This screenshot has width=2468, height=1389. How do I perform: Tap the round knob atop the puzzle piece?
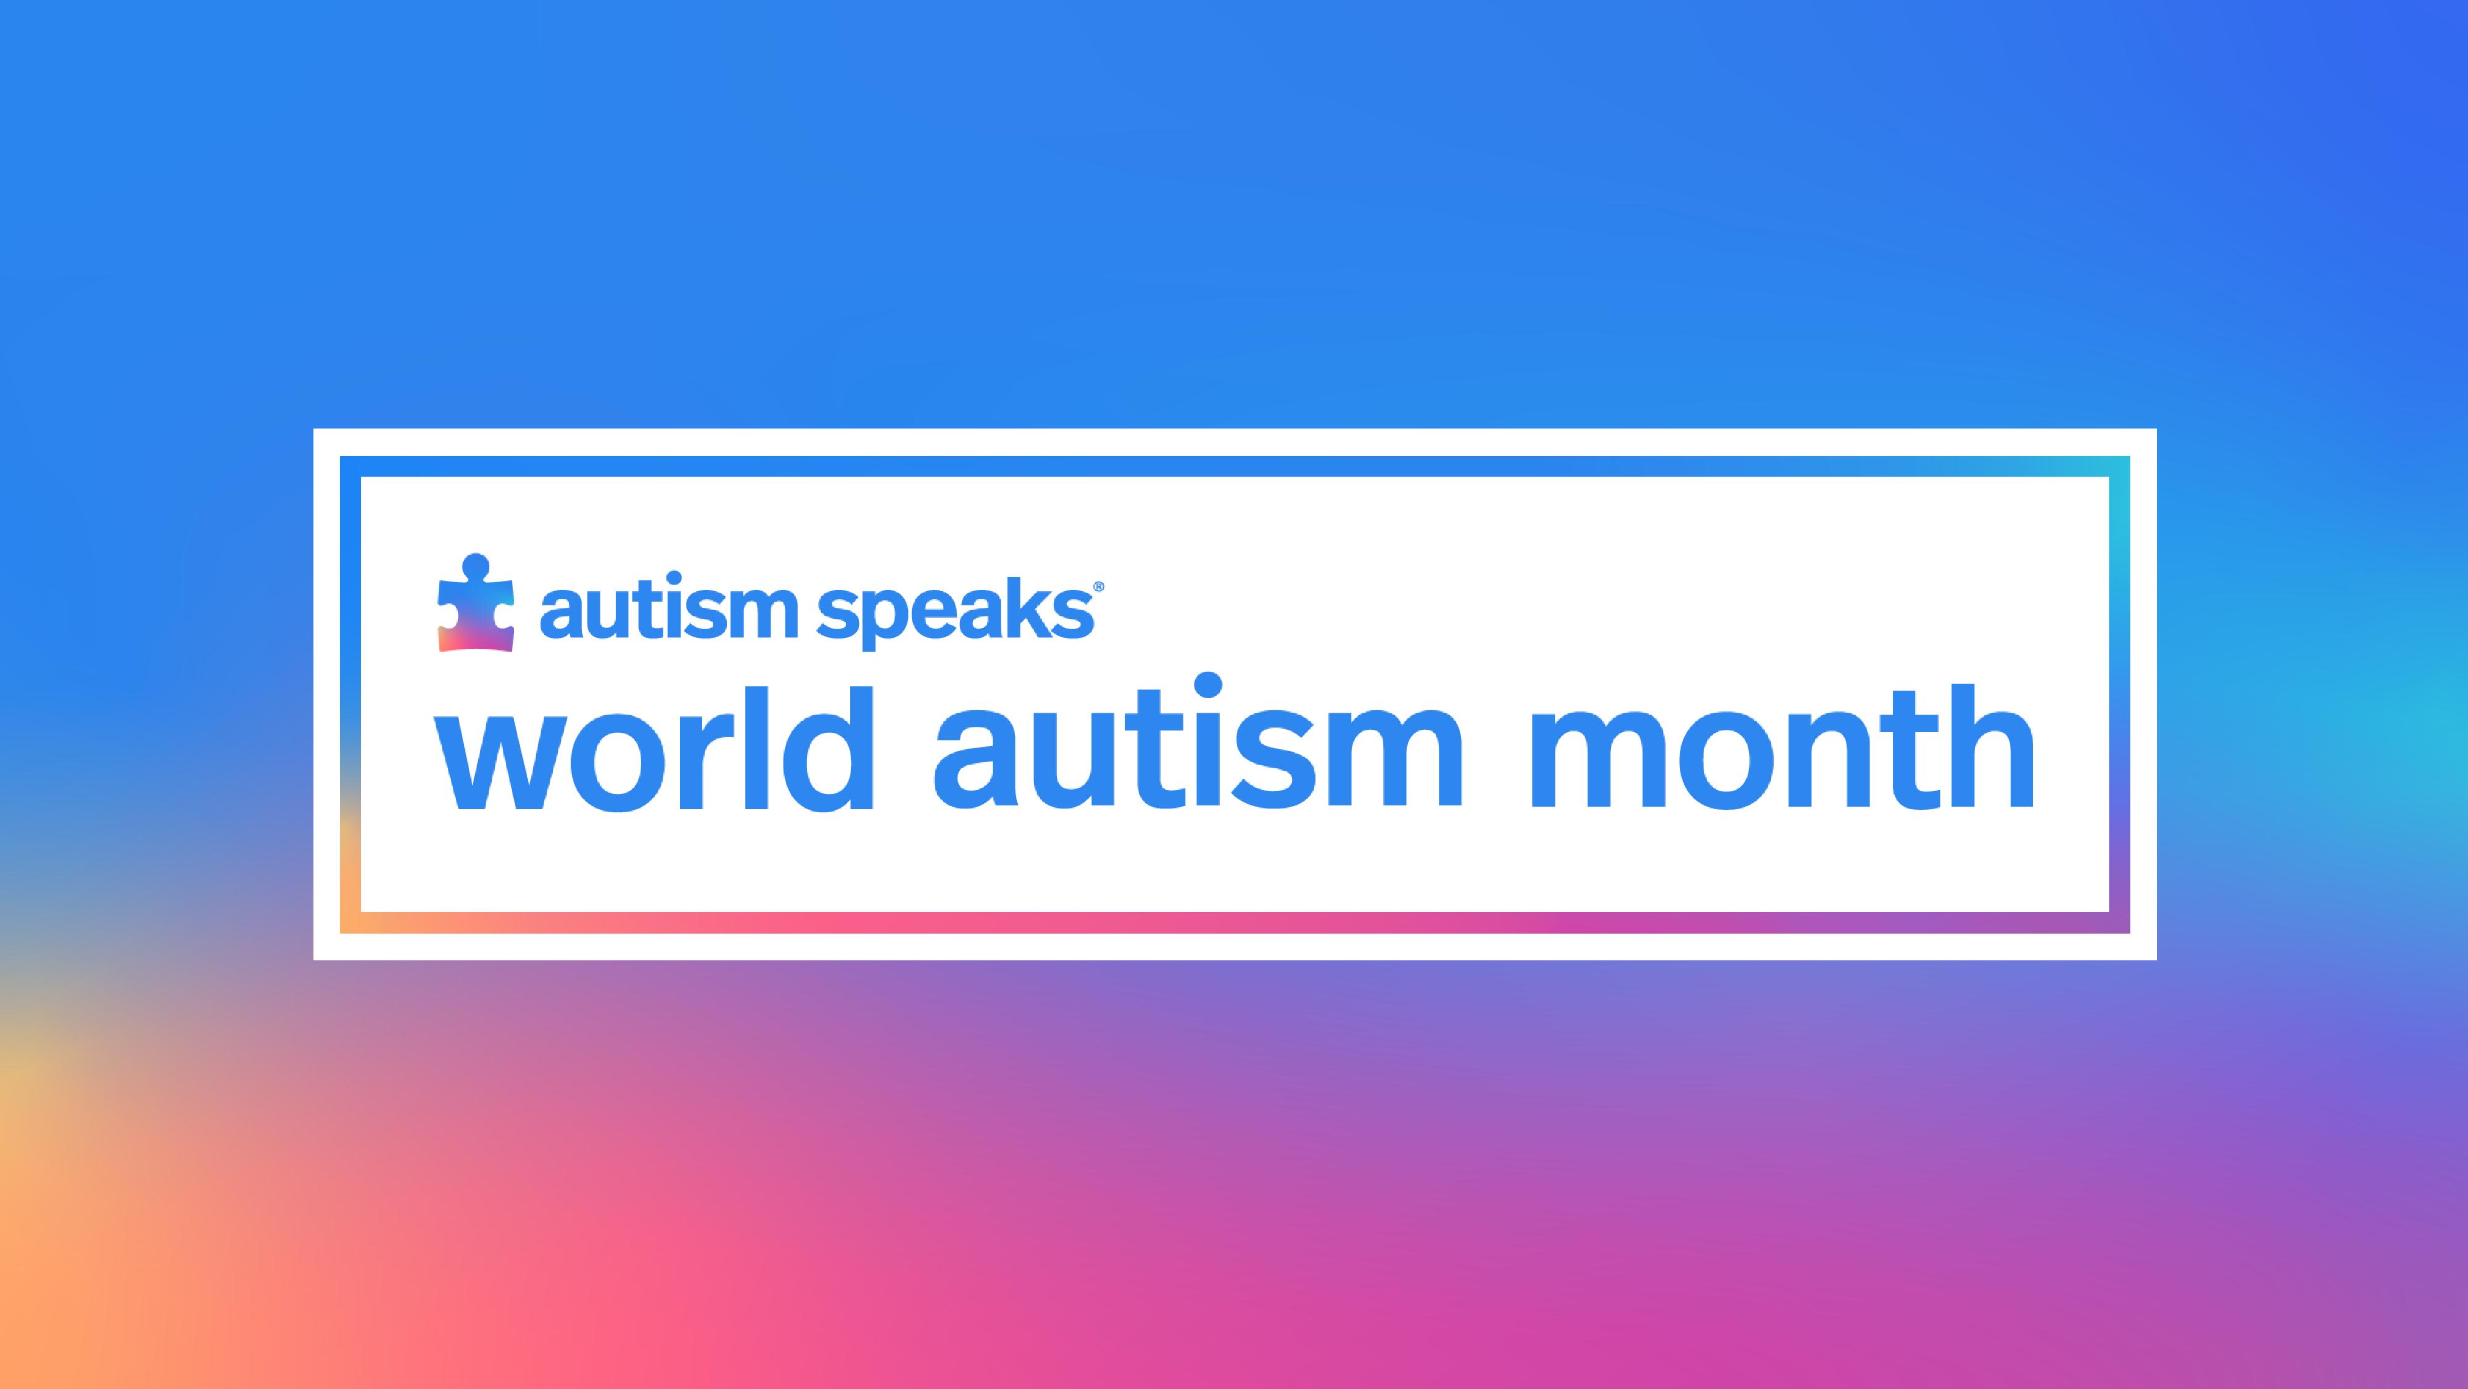475,566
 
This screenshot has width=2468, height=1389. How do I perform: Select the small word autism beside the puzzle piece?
669,607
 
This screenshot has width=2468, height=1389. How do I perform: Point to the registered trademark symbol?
1099,586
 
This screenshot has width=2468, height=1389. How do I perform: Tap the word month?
1782,746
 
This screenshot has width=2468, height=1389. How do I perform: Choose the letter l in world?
757,748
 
